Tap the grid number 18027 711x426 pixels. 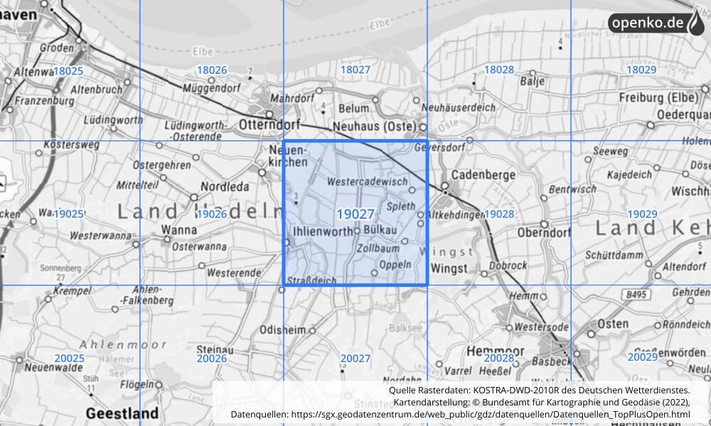point(355,70)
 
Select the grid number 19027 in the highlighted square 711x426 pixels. point(355,214)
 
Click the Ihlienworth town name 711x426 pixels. point(323,231)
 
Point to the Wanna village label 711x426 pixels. point(178,229)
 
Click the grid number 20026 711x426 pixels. point(211,359)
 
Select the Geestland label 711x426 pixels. point(122,413)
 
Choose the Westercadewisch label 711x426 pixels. point(368,182)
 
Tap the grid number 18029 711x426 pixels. point(641,70)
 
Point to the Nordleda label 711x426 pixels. point(225,187)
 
